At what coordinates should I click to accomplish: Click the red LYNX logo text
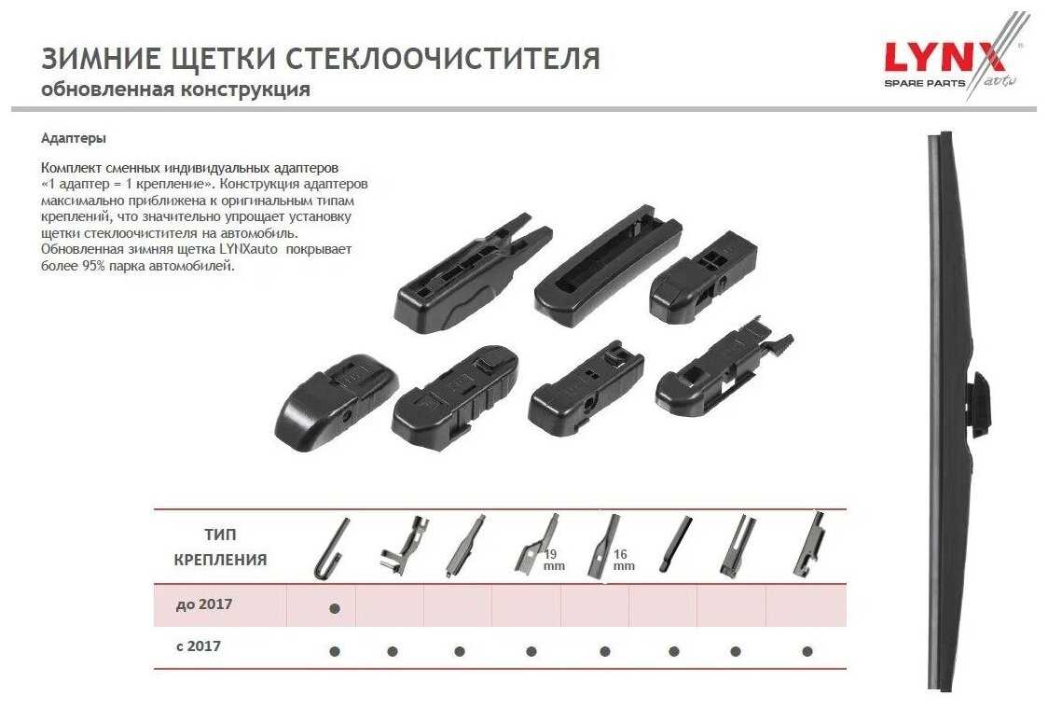[x=945, y=58]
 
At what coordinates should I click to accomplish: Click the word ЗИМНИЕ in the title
[x=101, y=58]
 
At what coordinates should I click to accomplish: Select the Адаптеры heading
[x=74, y=138]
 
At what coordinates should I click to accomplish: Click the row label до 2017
[x=204, y=604]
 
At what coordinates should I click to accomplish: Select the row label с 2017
[x=199, y=646]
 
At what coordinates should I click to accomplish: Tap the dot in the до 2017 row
[x=335, y=608]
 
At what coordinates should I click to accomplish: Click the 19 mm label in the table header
[x=554, y=561]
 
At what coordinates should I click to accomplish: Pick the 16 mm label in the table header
[x=623, y=561]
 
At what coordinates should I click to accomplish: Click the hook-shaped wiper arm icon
[x=332, y=548]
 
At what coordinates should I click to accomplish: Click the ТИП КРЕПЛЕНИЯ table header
[x=220, y=547]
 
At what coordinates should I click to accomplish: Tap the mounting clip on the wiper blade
[x=980, y=404]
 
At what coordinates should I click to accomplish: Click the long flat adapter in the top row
[x=608, y=266]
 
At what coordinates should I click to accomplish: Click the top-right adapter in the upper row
[x=703, y=277]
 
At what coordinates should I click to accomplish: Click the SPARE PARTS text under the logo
[x=924, y=84]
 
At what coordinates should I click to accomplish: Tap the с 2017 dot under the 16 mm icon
[x=605, y=651]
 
